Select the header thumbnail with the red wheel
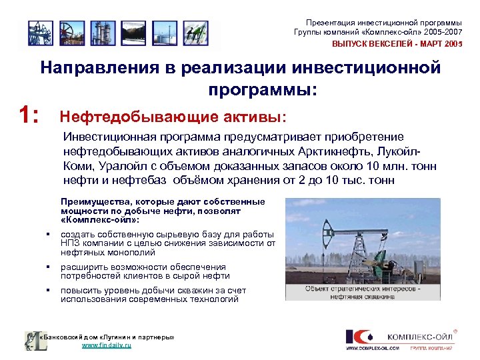(x=69, y=32)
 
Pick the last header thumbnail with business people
(x=194, y=32)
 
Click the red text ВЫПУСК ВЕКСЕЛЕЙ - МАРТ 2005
(x=397, y=43)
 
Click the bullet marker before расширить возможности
(x=49, y=267)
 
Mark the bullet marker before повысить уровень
(x=49, y=291)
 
